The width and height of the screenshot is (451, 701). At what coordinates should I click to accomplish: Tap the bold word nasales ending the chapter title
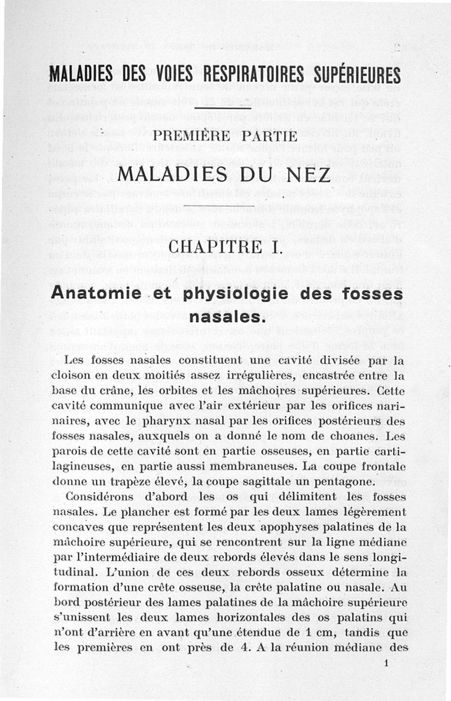coord(225,317)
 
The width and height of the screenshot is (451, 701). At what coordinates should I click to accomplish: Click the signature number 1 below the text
coord(386,663)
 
